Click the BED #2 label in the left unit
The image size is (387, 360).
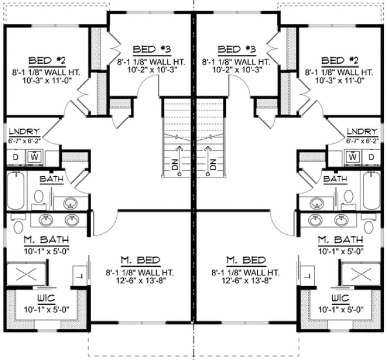coord(40,60)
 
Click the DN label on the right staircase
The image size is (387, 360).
coord(213,165)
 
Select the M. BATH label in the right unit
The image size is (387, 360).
coord(340,239)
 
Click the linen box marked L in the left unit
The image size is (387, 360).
coord(80,276)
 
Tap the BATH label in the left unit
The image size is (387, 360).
coord(50,179)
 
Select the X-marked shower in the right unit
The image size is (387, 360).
coord(361,273)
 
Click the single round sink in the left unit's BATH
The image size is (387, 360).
coord(69,203)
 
